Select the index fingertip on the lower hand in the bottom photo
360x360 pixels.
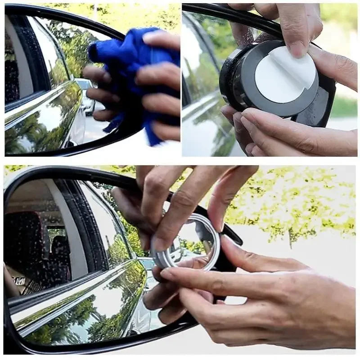tap(169, 274)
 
